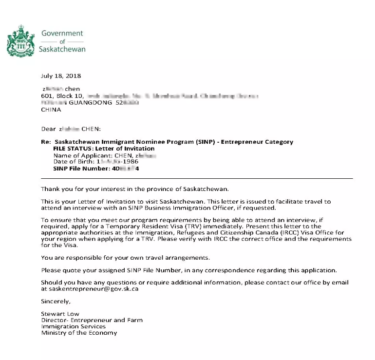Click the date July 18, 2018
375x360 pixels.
pyautogui.click(x=61, y=76)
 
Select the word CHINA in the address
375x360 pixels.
pyautogui.click(x=51, y=110)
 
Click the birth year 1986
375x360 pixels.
pyautogui.click(x=130, y=162)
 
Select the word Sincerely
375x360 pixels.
pyautogui.click(x=56, y=302)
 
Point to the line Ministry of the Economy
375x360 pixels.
pyautogui.click(x=79, y=333)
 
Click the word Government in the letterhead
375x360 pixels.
pyautogui.click(x=62, y=33)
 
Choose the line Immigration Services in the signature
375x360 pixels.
pyautogui.click(x=73, y=326)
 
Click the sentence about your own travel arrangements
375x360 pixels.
pyautogui.click(x=132, y=257)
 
